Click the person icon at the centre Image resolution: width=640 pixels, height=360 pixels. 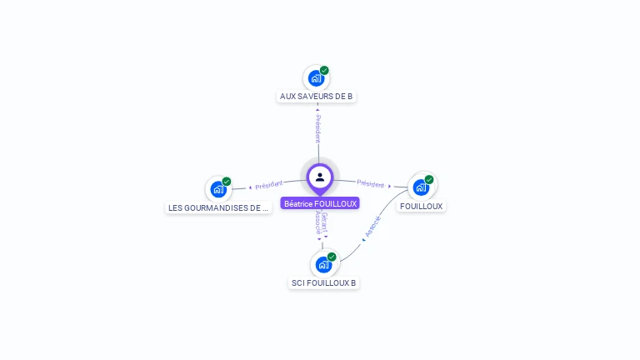(x=320, y=177)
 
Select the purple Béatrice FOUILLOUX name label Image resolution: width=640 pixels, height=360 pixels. (x=320, y=203)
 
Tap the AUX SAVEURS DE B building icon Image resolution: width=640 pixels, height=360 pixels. (x=316, y=78)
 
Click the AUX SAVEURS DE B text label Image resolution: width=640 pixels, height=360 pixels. (x=317, y=97)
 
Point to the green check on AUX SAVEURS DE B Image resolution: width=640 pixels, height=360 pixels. (x=324, y=71)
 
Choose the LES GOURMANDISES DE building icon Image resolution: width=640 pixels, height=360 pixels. (x=218, y=189)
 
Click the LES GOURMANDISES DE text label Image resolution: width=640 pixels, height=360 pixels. (x=218, y=207)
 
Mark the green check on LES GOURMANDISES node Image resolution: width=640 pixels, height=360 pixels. (x=227, y=182)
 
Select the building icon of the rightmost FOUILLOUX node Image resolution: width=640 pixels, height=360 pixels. (x=421, y=187)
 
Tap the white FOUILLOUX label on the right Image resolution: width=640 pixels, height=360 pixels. (x=422, y=206)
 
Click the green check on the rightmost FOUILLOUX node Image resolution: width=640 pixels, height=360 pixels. (x=429, y=179)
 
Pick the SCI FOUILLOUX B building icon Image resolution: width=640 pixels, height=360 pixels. (x=323, y=264)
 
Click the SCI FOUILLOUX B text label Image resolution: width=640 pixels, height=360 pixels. (x=323, y=282)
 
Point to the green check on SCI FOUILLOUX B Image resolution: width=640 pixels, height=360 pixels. (x=332, y=257)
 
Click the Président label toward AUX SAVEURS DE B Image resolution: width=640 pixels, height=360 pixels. (x=318, y=128)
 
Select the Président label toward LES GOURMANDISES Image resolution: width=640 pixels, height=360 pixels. (x=269, y=184)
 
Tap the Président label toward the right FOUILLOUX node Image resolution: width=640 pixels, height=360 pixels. (x=371, y=184)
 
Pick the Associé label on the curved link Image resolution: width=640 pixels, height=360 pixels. (x=373, y=226)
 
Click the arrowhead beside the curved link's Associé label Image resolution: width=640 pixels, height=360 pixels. (x=363, y=240)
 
